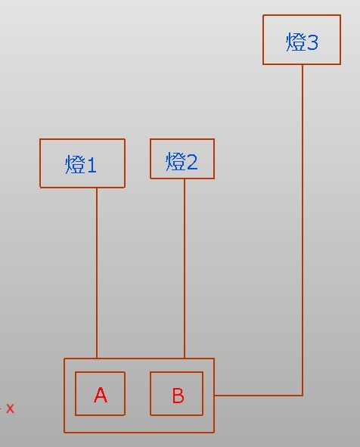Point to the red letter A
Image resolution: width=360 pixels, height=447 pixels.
[x=101, y=395]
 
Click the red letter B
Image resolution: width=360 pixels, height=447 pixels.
[x=178, y=396]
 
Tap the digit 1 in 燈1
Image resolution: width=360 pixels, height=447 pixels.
[x=92, y=165]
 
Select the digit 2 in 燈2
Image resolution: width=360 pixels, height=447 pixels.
[x=191, y=162]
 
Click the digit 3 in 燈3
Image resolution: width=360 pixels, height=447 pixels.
[x=312, y=43]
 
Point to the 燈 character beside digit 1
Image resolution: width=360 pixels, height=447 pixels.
[x=75, y=164]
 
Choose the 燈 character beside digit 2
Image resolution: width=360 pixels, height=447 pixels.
[x=175, y=161]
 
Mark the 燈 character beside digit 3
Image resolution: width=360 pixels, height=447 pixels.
[x=295, y=42]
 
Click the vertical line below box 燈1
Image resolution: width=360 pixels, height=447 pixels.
[x=97, y=273]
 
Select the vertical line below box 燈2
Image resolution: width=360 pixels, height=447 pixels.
[x=185, y=269]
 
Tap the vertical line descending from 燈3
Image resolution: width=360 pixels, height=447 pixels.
[x=303, y=230]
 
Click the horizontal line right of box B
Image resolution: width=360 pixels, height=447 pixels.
[x=258, y=396]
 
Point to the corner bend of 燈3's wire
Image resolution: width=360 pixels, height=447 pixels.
[x=303, y=396]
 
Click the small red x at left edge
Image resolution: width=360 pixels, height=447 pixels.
[x=10, y=408]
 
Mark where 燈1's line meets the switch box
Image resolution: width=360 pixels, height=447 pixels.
[x=97, y=359]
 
